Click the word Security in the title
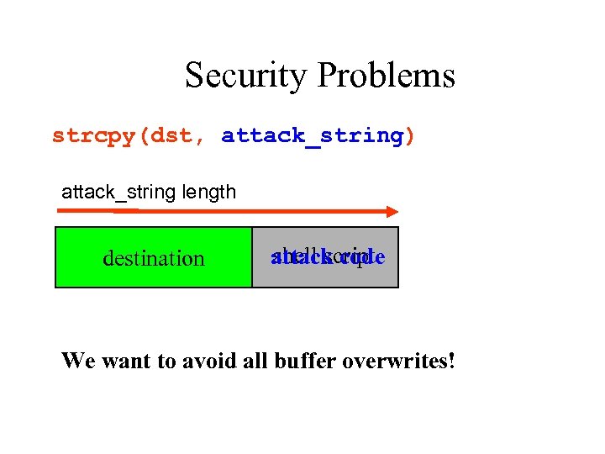[244, 76]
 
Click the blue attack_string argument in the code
[312, 135]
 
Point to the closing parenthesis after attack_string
[410, 135]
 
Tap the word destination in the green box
[153, 258]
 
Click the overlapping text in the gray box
[327, 256]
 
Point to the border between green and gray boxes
[252, 257]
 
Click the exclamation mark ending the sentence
[451, 361]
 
